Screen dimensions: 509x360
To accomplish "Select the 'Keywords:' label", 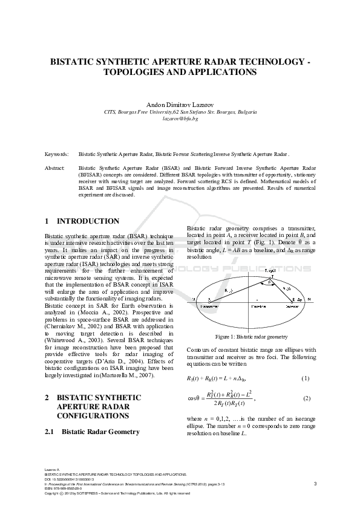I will (56, 155).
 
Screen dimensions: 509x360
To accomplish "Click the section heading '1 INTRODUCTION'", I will (82, 221).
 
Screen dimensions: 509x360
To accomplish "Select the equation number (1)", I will (306, 378).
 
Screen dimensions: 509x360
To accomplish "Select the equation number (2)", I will (306, 399).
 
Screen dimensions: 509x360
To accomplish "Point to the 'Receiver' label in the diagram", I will (293, 307).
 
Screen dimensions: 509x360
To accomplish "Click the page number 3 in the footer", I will (315, 484).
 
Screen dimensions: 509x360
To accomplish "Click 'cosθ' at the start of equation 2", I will (192, 399).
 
